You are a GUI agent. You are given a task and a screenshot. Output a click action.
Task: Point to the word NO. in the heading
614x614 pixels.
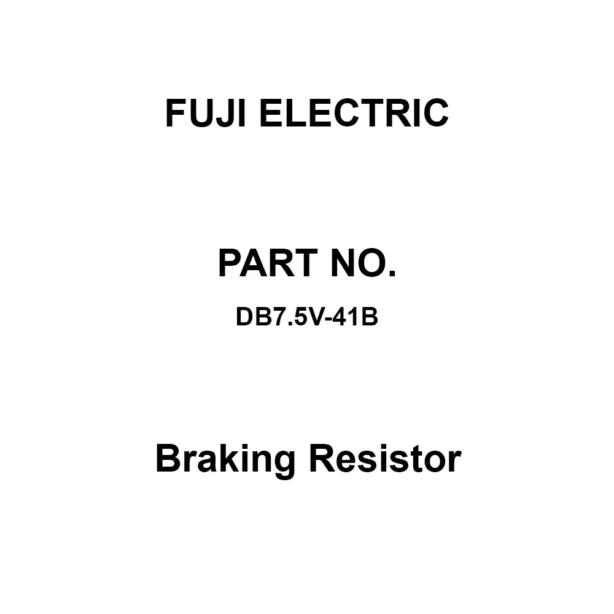pos(367,264)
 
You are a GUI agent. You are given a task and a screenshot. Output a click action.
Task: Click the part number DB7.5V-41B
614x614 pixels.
pos(306,319)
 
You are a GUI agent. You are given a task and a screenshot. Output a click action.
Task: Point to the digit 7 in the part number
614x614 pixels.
pos(274,319)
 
